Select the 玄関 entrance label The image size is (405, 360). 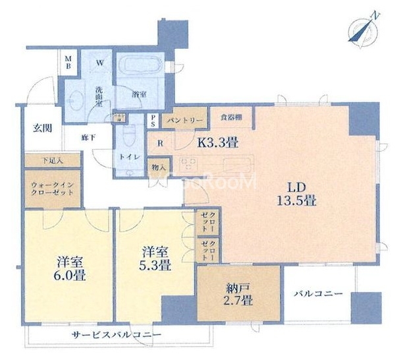tap(42, 129)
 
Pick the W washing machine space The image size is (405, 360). tap(100, 64)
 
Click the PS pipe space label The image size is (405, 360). tap(152, 121)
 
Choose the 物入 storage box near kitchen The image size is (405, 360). tap(158, 166)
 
